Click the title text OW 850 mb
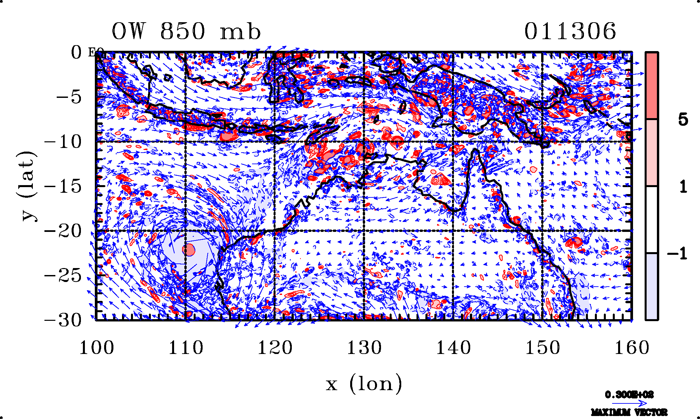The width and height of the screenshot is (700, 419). point(186,32)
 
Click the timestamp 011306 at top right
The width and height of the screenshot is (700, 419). point(570,32)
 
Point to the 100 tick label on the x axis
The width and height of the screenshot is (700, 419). point(96,348)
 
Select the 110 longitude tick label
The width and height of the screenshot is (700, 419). point(186,348)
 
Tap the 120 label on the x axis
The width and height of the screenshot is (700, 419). point(275,348)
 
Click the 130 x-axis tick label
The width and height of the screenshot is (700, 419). point(364,348)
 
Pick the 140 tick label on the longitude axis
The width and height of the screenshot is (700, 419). point(453,348)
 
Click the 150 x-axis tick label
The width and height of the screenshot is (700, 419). point(542,348)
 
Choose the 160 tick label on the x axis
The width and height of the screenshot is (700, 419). point(632,348)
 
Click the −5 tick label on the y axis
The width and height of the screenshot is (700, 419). point(69,97)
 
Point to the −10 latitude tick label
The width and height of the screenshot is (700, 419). point(63,142)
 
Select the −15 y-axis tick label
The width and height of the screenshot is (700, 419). point(63,186)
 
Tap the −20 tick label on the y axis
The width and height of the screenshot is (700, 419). point(63,231)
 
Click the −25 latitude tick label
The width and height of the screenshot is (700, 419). point(63,276)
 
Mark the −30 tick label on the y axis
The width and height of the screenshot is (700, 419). point(63,320)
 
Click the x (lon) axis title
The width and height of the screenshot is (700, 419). point(364,384)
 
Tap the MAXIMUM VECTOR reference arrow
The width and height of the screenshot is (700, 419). point(629,403)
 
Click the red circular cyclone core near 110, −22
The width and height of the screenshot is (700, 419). point(189,249)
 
